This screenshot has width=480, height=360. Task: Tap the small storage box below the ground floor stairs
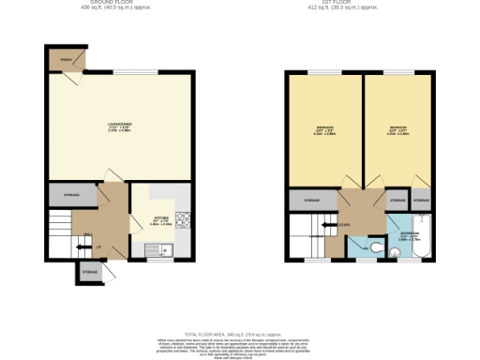point(90,272)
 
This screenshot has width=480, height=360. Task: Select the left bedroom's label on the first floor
point(322,130)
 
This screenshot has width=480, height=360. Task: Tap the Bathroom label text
point(410,235)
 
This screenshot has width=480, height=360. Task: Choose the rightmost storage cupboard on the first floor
point(421,201)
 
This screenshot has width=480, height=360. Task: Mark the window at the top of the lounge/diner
point(126,73)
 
